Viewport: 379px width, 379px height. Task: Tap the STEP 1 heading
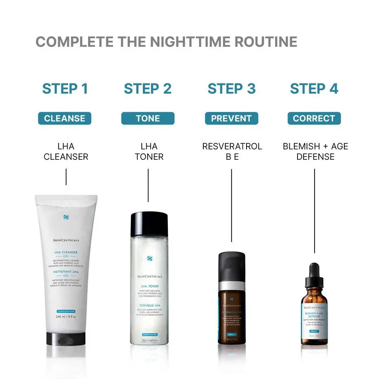[x=65, y=89]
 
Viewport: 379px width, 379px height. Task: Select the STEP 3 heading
[x=231, y=89]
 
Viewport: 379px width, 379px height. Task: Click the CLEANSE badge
[x=65, y=119]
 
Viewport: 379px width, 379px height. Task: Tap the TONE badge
[x=148, y=119]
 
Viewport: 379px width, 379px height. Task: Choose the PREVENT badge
[x=231, y=119]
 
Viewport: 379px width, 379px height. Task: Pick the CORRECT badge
[x=314, y=119]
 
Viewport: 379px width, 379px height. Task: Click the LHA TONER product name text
[x=149, y=151]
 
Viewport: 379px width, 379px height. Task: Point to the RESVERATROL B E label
[x=232, y=151]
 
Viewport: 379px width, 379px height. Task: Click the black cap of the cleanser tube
[x=66, y=338]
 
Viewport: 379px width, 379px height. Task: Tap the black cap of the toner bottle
[x=149, y=224]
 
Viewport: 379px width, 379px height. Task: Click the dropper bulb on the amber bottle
[x=314, y=270]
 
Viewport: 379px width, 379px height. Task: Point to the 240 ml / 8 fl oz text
[x=66, y=316]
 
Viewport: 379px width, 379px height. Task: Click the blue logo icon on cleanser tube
[x=66, y=217]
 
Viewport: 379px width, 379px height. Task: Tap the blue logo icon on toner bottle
[x=149, y=258]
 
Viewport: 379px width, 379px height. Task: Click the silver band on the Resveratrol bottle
[x=231, y=286]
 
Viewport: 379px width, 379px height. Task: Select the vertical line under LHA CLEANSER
[x=66, y=177]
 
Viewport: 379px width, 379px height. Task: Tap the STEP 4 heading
[x=314, y=89]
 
